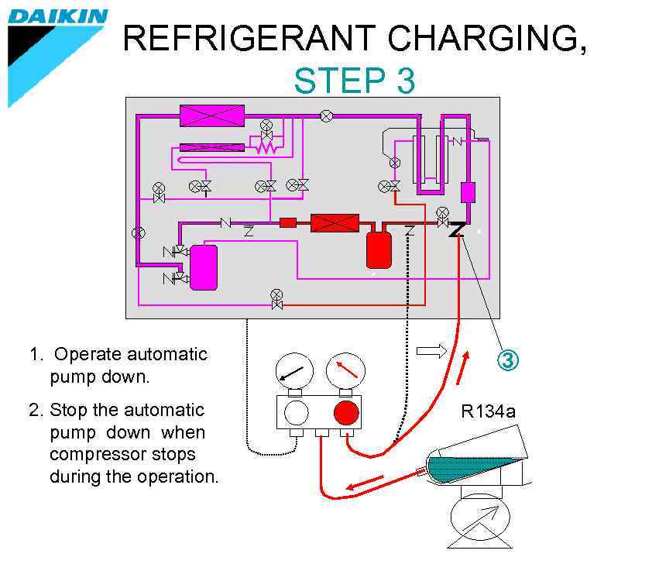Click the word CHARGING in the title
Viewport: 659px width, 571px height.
pyautogui.click(x=465, y=38)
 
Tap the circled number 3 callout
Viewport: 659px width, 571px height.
pyautogui.click(x=509, y=360)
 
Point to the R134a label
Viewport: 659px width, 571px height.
pyautogui.click(x=488, y=411)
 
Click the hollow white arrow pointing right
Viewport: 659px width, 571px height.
pyautogui.click(x=431, y=352)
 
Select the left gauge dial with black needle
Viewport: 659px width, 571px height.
pyautogui.click(x=294, y=371)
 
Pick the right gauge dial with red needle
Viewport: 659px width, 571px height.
pyautogui.click(x=345, y=371)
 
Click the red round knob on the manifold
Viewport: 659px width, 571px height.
pyautogui.click(x=346, y=413)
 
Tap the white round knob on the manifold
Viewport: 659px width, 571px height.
pyautogui.click(x=296, y=413)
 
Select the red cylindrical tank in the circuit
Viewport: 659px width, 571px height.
pyautogui.click(x=379, y=249)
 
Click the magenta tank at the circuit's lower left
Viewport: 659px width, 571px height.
pyautogui.click(x=204, y=267)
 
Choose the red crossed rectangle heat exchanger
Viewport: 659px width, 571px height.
pyautogui.click(x=335, y=224)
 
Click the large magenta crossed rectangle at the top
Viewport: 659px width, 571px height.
pyautogui.click(x=212, y=115)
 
